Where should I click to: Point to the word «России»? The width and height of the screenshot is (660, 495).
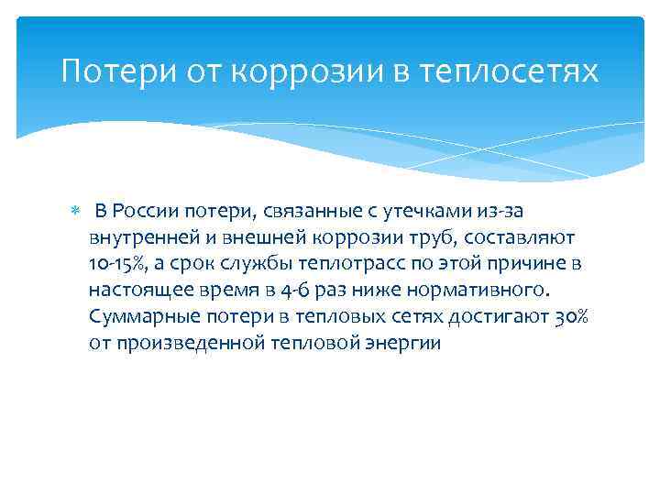tap(151, 212)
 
